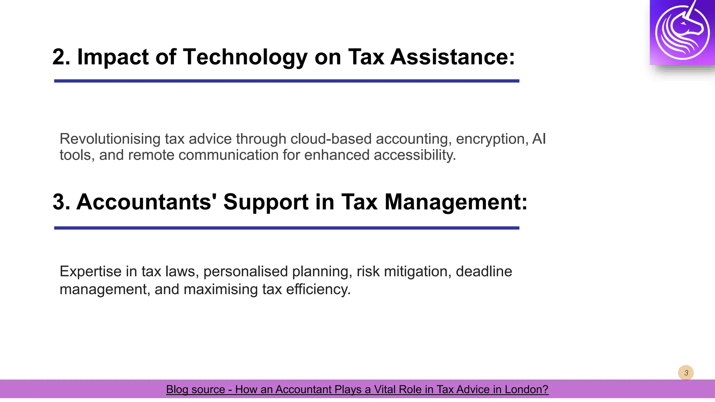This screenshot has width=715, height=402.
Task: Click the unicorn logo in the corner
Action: click(682, 32)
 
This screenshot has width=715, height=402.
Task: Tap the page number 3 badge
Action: click(686, 373)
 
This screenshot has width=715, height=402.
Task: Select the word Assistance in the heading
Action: click(452, 57)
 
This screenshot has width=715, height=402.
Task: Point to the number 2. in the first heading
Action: click(61, 57)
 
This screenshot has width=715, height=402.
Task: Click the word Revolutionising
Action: click(110, 139)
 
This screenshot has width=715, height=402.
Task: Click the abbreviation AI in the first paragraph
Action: click(539, 139)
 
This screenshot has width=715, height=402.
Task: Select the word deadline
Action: click(484, 271)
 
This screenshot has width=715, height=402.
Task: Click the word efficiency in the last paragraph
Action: click(318, 289)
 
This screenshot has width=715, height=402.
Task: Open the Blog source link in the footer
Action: click(357, 389)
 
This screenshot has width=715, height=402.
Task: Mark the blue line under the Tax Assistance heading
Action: click(287, 81)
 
